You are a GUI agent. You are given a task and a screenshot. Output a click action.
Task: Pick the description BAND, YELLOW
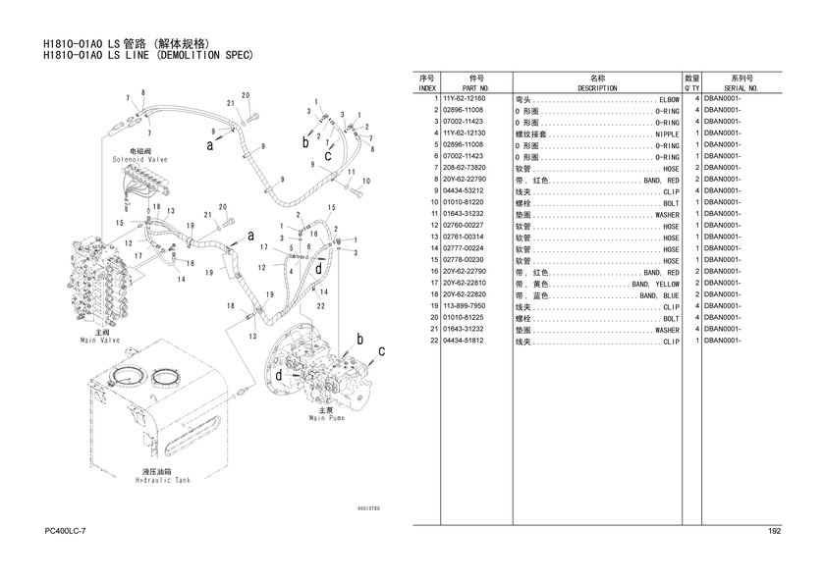coord(655,283)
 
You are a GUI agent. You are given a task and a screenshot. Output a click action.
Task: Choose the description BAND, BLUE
coord(659,294)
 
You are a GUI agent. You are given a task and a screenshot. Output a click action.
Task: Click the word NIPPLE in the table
coord(667,134)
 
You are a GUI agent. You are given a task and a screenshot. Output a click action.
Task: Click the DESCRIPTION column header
coord(597,88)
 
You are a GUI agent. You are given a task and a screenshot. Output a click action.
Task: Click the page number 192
coord(774,531)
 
